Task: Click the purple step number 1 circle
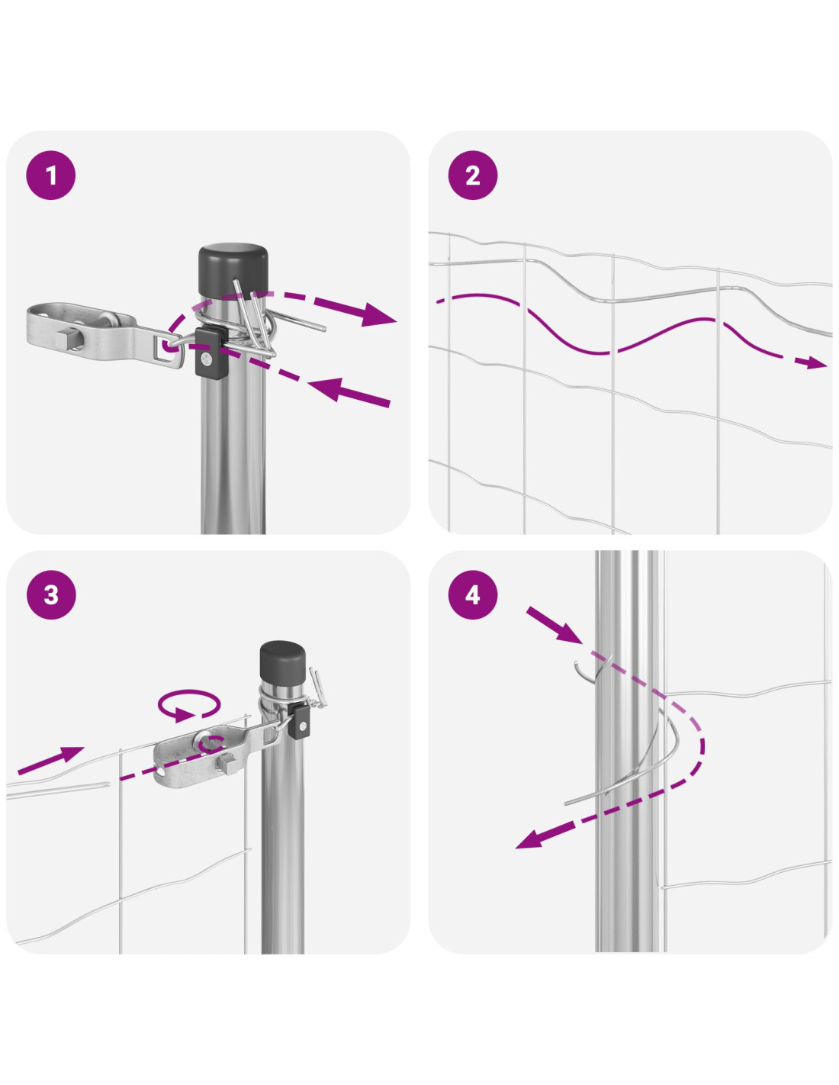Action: point(51,175)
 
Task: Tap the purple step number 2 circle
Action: point(473,175)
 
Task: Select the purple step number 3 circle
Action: point(51,594)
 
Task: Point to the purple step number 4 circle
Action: point(473,594)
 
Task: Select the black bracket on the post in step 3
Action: point(301,720)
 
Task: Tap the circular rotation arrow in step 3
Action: point(189,706)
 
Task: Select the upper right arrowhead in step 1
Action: point(378,314)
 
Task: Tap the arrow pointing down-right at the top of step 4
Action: point(554,625)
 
